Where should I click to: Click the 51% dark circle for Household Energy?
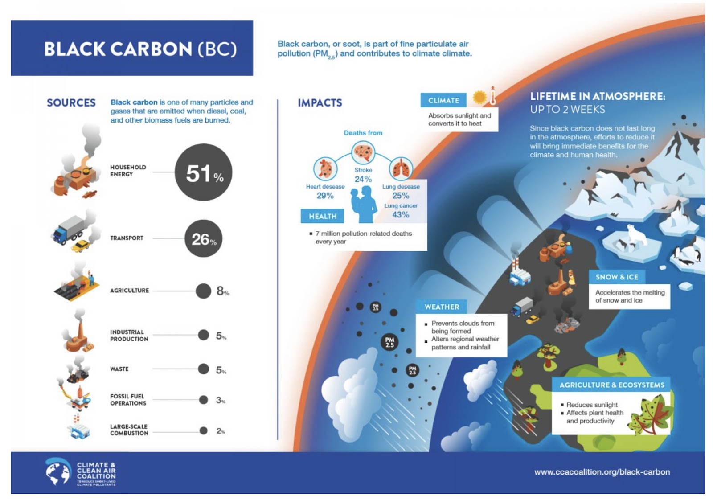click(x=203, y=172)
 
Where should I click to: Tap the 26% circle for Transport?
click(x=203, y=238)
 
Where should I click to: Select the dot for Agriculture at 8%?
click(x=203, y=291)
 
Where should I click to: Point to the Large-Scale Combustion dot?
click(x=203, y=430)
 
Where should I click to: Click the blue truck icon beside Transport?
click(x=67, y=230)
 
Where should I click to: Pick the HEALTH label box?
click(x=322, y=216)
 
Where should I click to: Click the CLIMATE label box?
click(x=443, y=100)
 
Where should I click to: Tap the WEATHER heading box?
click(x=441, y=307)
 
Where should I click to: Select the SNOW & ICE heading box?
click(x=617, y=277)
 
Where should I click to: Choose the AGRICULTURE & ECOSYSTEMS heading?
click(x=611, y=385)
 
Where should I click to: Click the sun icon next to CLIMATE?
click(x=479, y=97)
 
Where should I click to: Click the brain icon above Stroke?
click(x=363, y=152)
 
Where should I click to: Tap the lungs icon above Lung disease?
click(x=401, y=168)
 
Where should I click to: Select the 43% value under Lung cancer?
click(x=401, y=215)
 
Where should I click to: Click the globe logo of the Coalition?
click(x=58, y=472)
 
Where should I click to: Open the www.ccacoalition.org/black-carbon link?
click(x=602, y=472)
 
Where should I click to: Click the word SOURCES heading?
click(x=71, y=103)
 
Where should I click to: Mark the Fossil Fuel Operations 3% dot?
click(x=203, y=400)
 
